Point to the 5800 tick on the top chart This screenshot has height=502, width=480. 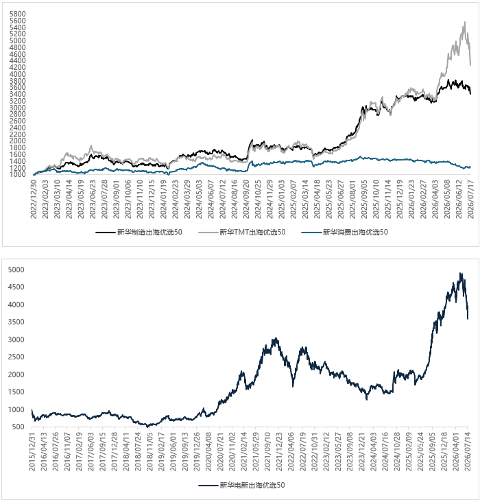pos(17,14)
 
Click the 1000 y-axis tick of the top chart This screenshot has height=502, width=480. pos(17,174)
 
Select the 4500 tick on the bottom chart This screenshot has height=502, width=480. pos(16,287)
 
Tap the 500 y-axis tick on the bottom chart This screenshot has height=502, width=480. pos(19,427)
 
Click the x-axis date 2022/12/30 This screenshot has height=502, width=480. pos(34,199)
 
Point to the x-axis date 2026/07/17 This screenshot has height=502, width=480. pos(470,199)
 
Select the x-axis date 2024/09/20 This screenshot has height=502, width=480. pos(245,199)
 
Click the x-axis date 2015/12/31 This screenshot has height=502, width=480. pos(32,451)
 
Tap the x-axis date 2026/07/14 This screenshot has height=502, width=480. pos(468,451)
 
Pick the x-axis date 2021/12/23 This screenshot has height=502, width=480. pos(279,451)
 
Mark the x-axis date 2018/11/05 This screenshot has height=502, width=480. pos(149,451)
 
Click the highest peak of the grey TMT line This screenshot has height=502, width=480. pos(465,22)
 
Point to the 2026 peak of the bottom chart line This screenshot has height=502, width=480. pos(460,273)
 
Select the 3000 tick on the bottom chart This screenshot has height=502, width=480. pos(16,339)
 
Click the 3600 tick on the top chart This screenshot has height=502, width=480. pos(17,87)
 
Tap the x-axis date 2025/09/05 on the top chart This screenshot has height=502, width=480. pos(363,199)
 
